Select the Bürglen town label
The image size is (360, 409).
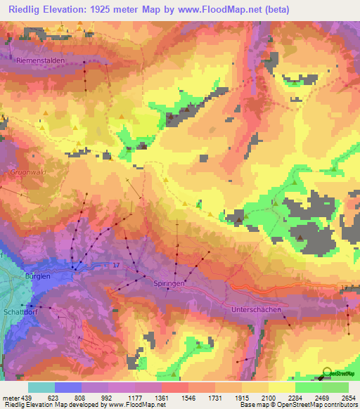38,277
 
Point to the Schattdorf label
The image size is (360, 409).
20,297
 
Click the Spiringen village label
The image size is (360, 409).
168,283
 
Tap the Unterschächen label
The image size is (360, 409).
257,310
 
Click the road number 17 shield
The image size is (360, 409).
116,264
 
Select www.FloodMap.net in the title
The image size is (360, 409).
219,9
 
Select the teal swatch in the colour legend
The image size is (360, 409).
41,387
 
